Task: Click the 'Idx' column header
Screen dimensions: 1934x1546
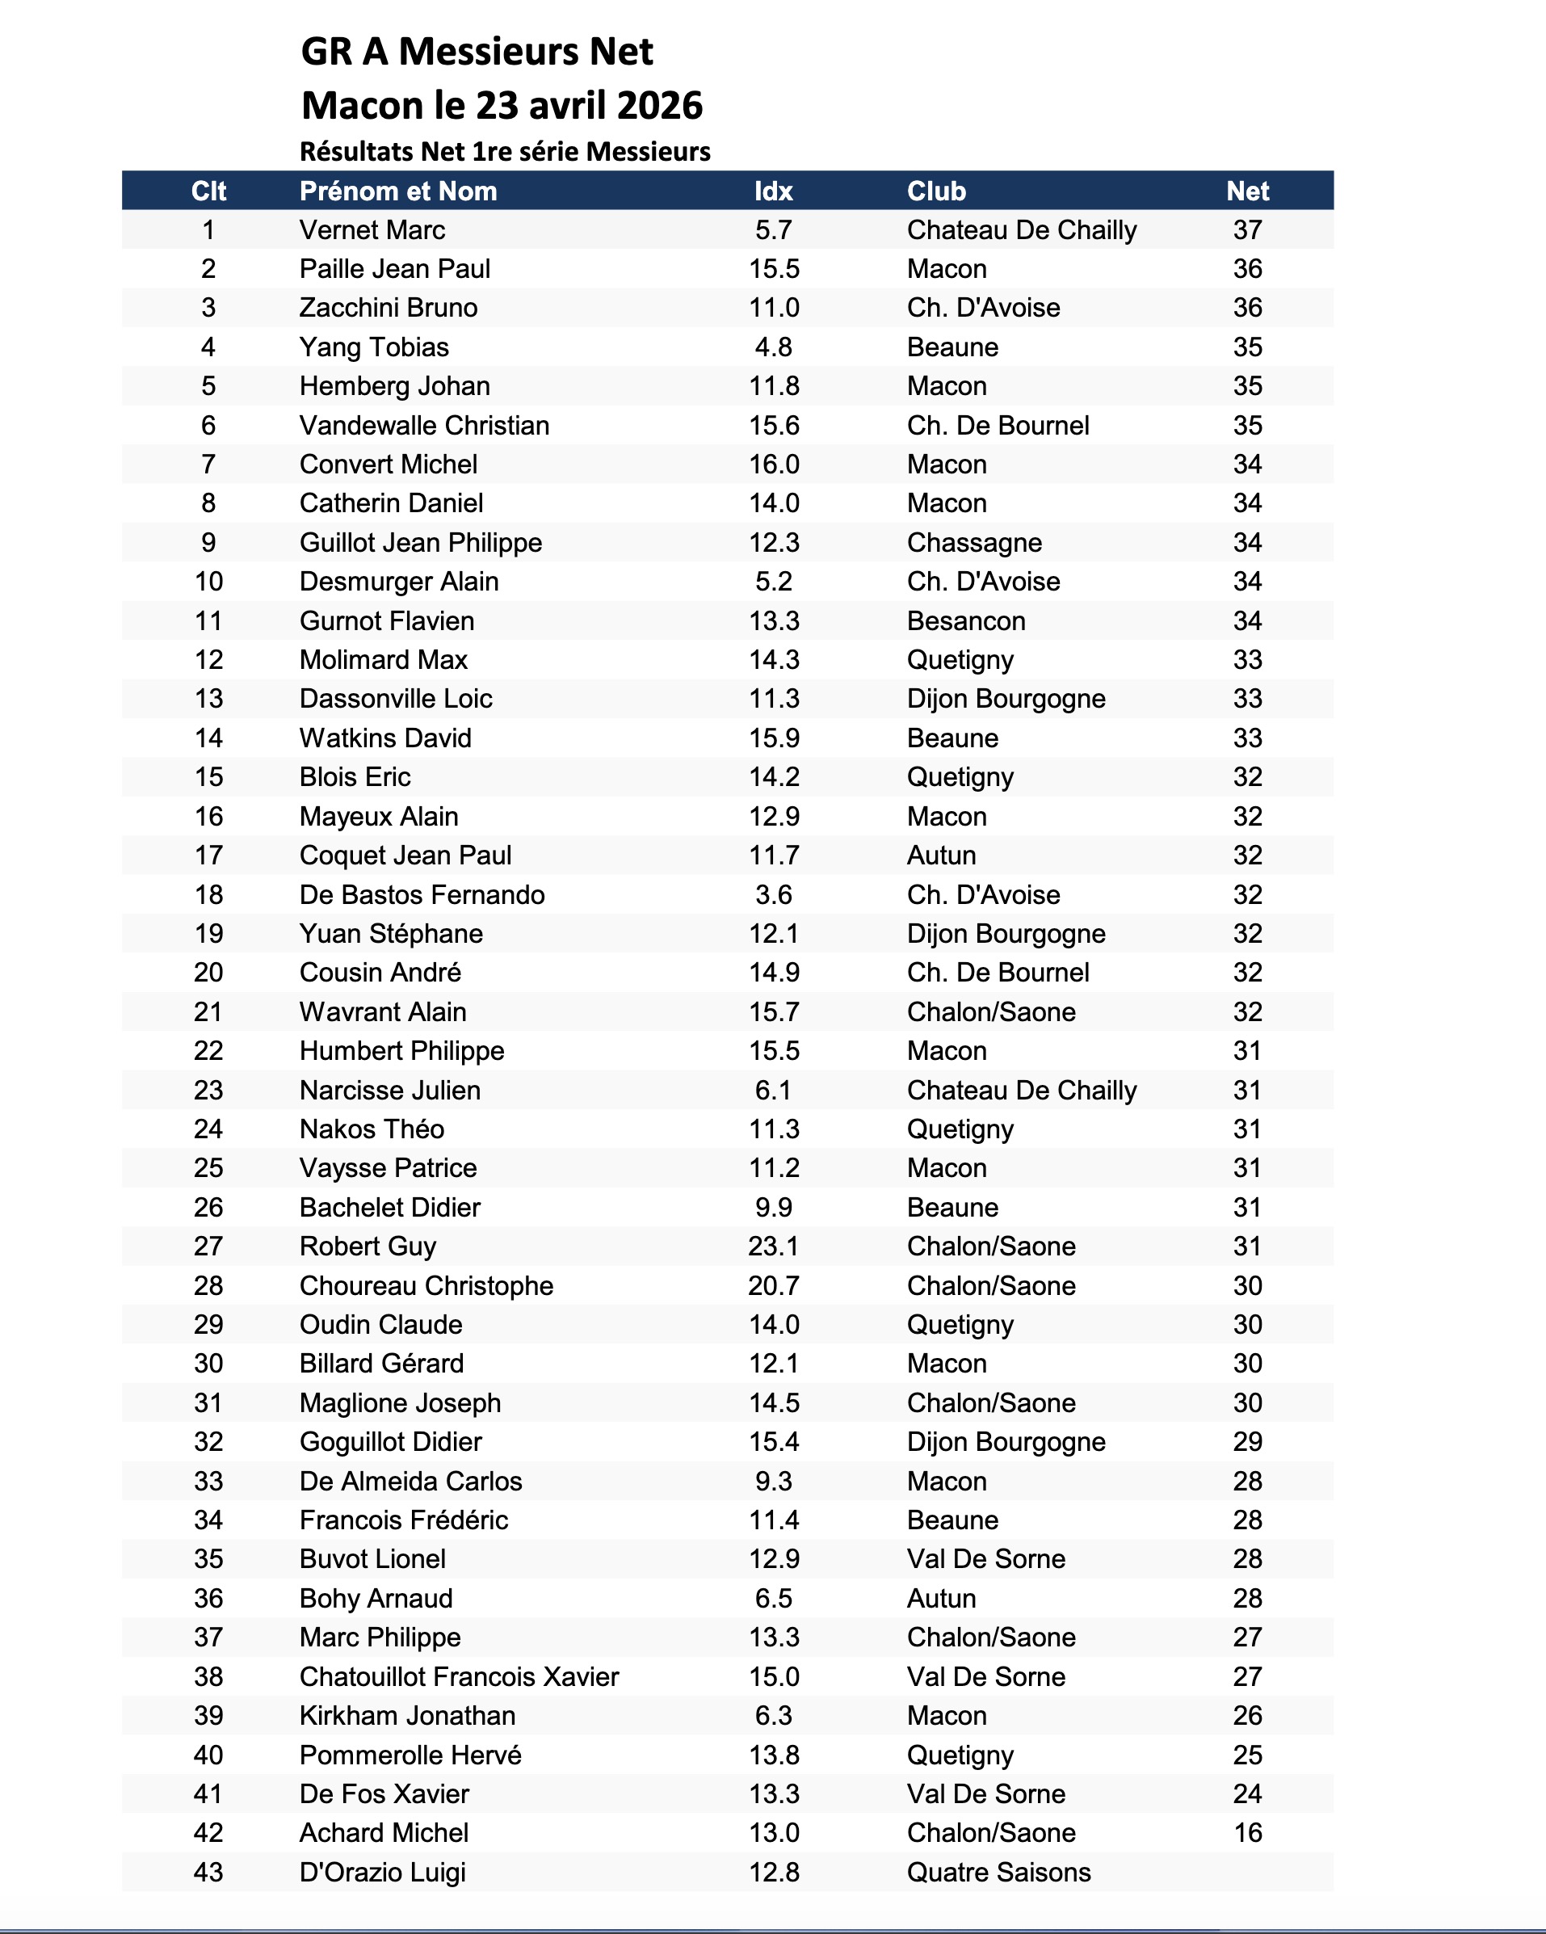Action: pos(773,191)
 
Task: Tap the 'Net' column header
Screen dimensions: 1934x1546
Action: pos(1247,191)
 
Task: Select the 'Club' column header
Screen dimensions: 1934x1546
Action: pos(936,191)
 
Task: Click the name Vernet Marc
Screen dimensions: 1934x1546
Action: pos(372,230)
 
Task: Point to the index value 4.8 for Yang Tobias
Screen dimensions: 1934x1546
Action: pos(773,347)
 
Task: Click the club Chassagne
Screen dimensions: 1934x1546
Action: pos(974,543)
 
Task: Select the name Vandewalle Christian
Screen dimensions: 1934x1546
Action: pos(424,425)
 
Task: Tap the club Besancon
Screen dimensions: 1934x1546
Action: pos(966,620)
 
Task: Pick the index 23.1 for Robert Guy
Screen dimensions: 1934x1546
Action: pos(773,1246)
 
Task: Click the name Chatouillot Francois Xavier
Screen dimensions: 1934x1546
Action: pos(459,1676)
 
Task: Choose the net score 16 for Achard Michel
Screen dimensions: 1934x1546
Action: pos(1247,1833)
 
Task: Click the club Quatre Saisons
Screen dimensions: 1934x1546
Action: pos(999,1872)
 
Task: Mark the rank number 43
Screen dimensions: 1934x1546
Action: pos(208,1872)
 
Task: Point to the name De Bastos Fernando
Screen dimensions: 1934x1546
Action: pos(422,894)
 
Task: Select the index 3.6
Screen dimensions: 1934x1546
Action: pos(773,894)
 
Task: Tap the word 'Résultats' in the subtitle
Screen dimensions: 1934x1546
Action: pos(358,152)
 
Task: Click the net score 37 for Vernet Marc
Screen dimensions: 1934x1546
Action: pos(1247,230)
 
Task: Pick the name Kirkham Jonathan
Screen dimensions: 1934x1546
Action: pos(407,1715)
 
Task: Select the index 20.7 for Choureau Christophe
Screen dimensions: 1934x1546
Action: pos(773,1285)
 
